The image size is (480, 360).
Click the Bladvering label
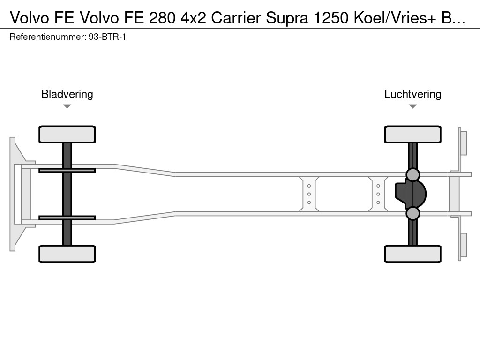(67, 94)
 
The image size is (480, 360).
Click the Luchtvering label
(412, 94)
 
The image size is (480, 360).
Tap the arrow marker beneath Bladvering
(67, 106)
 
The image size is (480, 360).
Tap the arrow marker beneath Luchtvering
(412, 106)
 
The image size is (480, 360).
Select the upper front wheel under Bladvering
(67, 134)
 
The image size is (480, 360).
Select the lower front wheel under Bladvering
(67, 254)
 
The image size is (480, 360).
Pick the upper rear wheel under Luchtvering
(412, 134)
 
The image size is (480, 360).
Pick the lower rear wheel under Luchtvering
(412, 254)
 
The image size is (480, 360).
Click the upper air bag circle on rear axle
(412, 174)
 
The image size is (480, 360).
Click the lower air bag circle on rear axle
(412, 213)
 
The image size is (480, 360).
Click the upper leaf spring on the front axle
(67, 170)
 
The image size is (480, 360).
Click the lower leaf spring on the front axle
(67, 217)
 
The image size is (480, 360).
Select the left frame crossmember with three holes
(309, 194)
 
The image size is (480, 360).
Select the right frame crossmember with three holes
(378, 194)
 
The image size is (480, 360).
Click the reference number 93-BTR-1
(107, 37)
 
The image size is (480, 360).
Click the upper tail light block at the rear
(464, 142)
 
